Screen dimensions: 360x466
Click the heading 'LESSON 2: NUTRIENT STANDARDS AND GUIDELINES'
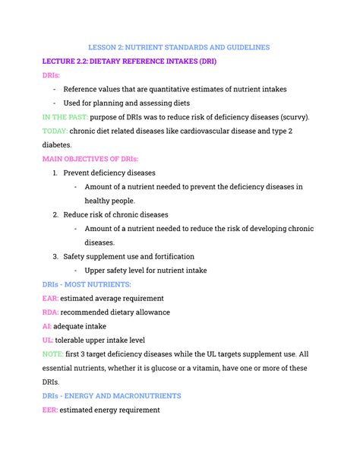pos(179,47)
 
